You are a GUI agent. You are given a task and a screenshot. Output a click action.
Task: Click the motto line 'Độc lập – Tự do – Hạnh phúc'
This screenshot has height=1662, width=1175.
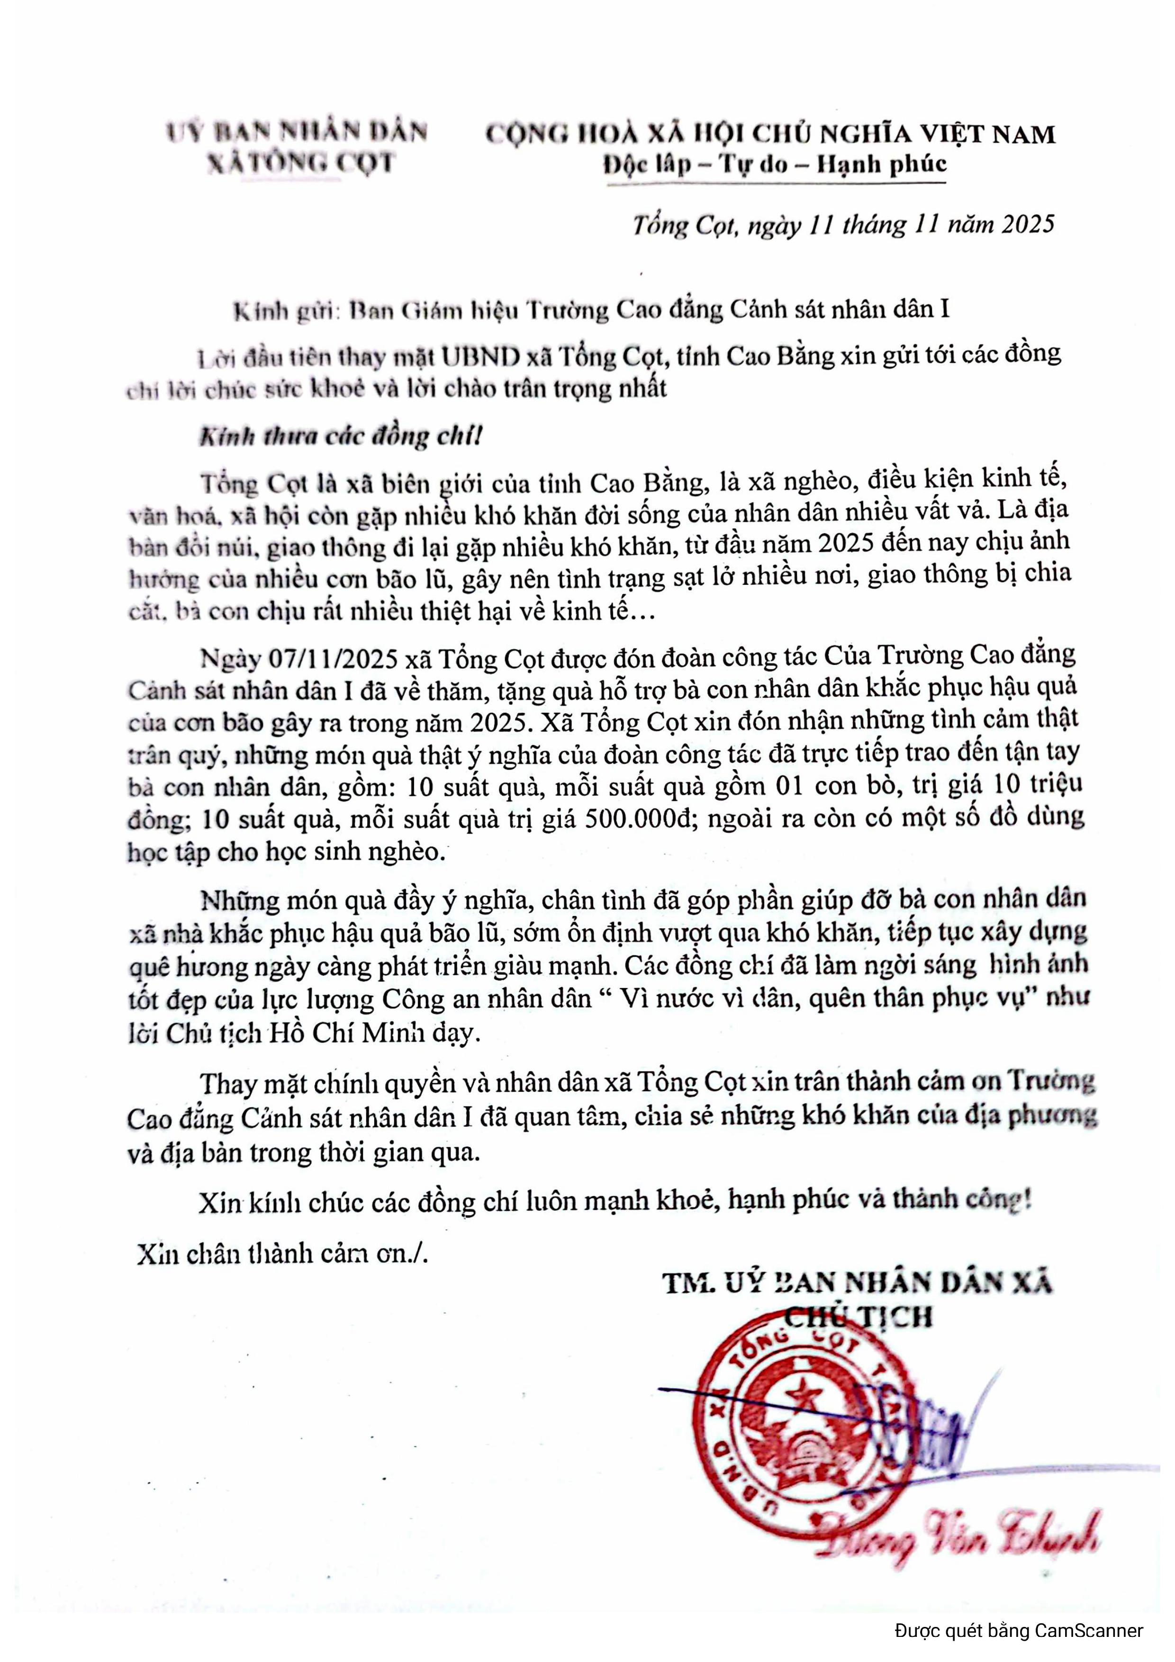(775, 165)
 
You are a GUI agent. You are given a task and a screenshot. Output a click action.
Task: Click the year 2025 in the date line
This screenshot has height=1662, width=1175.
(1028, 225)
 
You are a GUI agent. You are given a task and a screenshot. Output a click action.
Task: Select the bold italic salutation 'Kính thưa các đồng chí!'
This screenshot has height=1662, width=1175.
(340, 437)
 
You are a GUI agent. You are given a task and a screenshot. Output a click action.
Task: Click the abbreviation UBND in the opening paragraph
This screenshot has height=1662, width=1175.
(481, 356)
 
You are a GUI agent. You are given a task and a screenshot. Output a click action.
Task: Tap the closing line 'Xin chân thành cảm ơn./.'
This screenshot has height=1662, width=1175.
(283, 1253)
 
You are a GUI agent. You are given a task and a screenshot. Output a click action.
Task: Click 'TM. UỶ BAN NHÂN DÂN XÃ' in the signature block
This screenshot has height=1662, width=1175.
(857, 1284)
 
